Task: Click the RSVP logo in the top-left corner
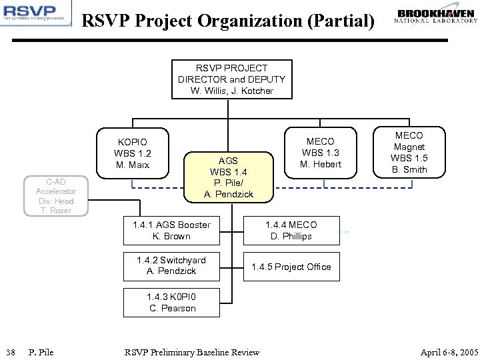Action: point(36,14)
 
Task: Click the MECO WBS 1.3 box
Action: point(320,154)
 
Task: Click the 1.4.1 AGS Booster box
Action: point(171,231)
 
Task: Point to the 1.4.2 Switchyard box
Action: point(171,265)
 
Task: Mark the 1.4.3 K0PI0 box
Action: point(171,303)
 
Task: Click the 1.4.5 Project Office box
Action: point(291,267)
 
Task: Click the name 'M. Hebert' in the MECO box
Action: point(320,165)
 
